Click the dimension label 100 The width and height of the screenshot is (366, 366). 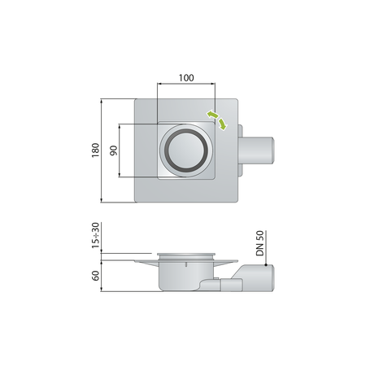[x=186, y=78]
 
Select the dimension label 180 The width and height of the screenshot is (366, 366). [x=95, y=150]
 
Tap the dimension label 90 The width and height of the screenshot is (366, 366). [x=114, y=150]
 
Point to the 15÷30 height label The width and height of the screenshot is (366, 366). [x=95, y=235]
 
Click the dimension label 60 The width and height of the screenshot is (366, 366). [x=95, y=276]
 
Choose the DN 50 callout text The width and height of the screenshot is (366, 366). [x=259, y=243]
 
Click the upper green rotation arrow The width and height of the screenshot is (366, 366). [x=212, y=115]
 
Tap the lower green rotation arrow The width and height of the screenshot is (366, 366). [x=223, y=124]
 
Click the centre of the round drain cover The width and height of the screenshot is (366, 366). [x=186, y=150]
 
